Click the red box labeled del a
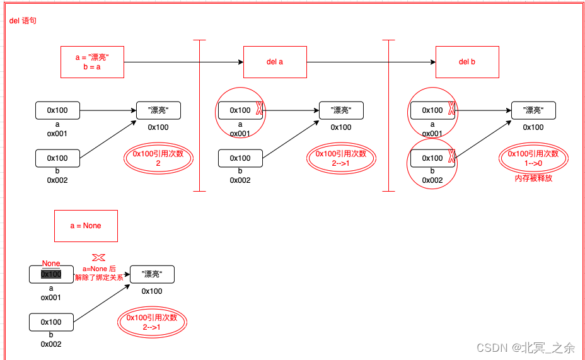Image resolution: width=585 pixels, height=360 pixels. (x=275, y=62)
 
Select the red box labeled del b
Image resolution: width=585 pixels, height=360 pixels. (x=467, y=62)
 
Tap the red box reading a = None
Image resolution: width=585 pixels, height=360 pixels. (x=86, y=226)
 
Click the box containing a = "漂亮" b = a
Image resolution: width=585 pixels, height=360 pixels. (x=92, y=62)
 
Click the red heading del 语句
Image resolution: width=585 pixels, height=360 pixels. (x=23, y=21)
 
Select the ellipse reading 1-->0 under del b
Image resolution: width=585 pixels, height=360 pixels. (x=533, y=158)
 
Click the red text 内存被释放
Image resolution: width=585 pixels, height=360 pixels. (x=533, y=178)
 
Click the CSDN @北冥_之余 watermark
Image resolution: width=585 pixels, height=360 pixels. (x=526, y=347)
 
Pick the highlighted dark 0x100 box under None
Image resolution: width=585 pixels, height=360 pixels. (x=51, y=274)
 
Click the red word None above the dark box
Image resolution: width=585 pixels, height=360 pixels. (x=51, y=264)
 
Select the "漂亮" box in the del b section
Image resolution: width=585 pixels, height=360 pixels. (x=533, y=110)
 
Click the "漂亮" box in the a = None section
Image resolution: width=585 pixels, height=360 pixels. (x=152, y=274)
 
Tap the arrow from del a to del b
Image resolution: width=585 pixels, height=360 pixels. (x=371, y=62)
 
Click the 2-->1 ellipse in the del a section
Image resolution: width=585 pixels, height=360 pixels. (x=341, y=158)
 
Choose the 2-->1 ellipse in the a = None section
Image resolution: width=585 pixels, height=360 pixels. (x=152, y=322)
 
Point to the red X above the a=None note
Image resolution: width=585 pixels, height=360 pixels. (x=98, y=257)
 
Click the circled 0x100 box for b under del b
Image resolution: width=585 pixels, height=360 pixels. (x=432, y=158)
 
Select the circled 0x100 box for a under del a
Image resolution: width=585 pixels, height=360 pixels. (x=240, y=110)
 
